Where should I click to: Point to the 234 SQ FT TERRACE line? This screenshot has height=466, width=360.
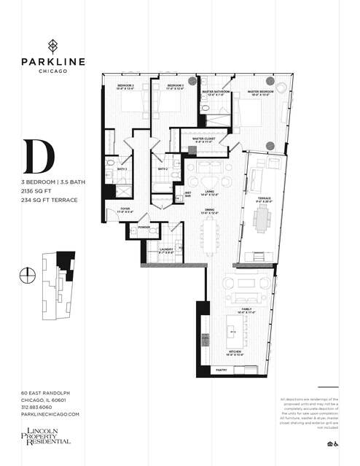(x=50, y=200)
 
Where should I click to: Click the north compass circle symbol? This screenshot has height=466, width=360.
(x=28, y=274)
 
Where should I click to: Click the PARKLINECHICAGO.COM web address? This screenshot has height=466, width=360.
(x=50, y=414)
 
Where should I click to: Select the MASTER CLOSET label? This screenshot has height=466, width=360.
(x=203, y=139)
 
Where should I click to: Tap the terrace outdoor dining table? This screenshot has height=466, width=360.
(x=262, y=218)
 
